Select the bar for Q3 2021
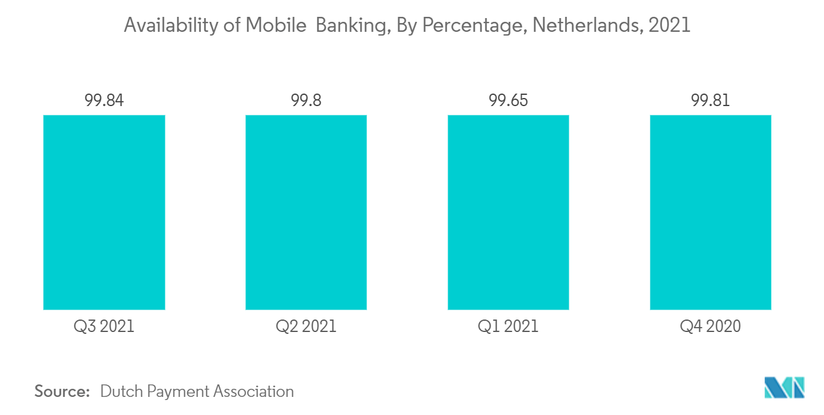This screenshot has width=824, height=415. pyautogui.click(x=104, y=212)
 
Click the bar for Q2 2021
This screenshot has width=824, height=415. pyautogui.click(x=306, y=212)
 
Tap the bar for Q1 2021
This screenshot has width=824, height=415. pyautogui.click(x=508, y=212)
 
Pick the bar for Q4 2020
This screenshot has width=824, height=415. pyautogui.click(x=710, y=212)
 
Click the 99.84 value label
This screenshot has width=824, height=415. pyautogui.click(x=104, y=100)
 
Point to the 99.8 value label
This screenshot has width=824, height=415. pyautogui.click(x=306, y=100)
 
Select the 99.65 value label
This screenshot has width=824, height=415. pyautogui.click(x=508, y=100)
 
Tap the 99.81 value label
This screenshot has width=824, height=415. pyautogui.click(x=710, y=100)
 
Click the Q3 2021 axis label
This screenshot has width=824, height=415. pyautogui.click(x=104, y=326)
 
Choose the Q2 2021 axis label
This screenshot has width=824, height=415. pyautogui.click(x=306, y=326)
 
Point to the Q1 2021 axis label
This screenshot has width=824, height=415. pyautogui.click(x=508, y=326)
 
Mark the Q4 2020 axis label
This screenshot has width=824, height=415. pyautogui.click(x=710, y=326)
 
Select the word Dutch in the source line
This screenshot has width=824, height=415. pyautogui.click(x=122, y=391)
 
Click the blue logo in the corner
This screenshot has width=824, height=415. pyautogui.click(x=785, y=388)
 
